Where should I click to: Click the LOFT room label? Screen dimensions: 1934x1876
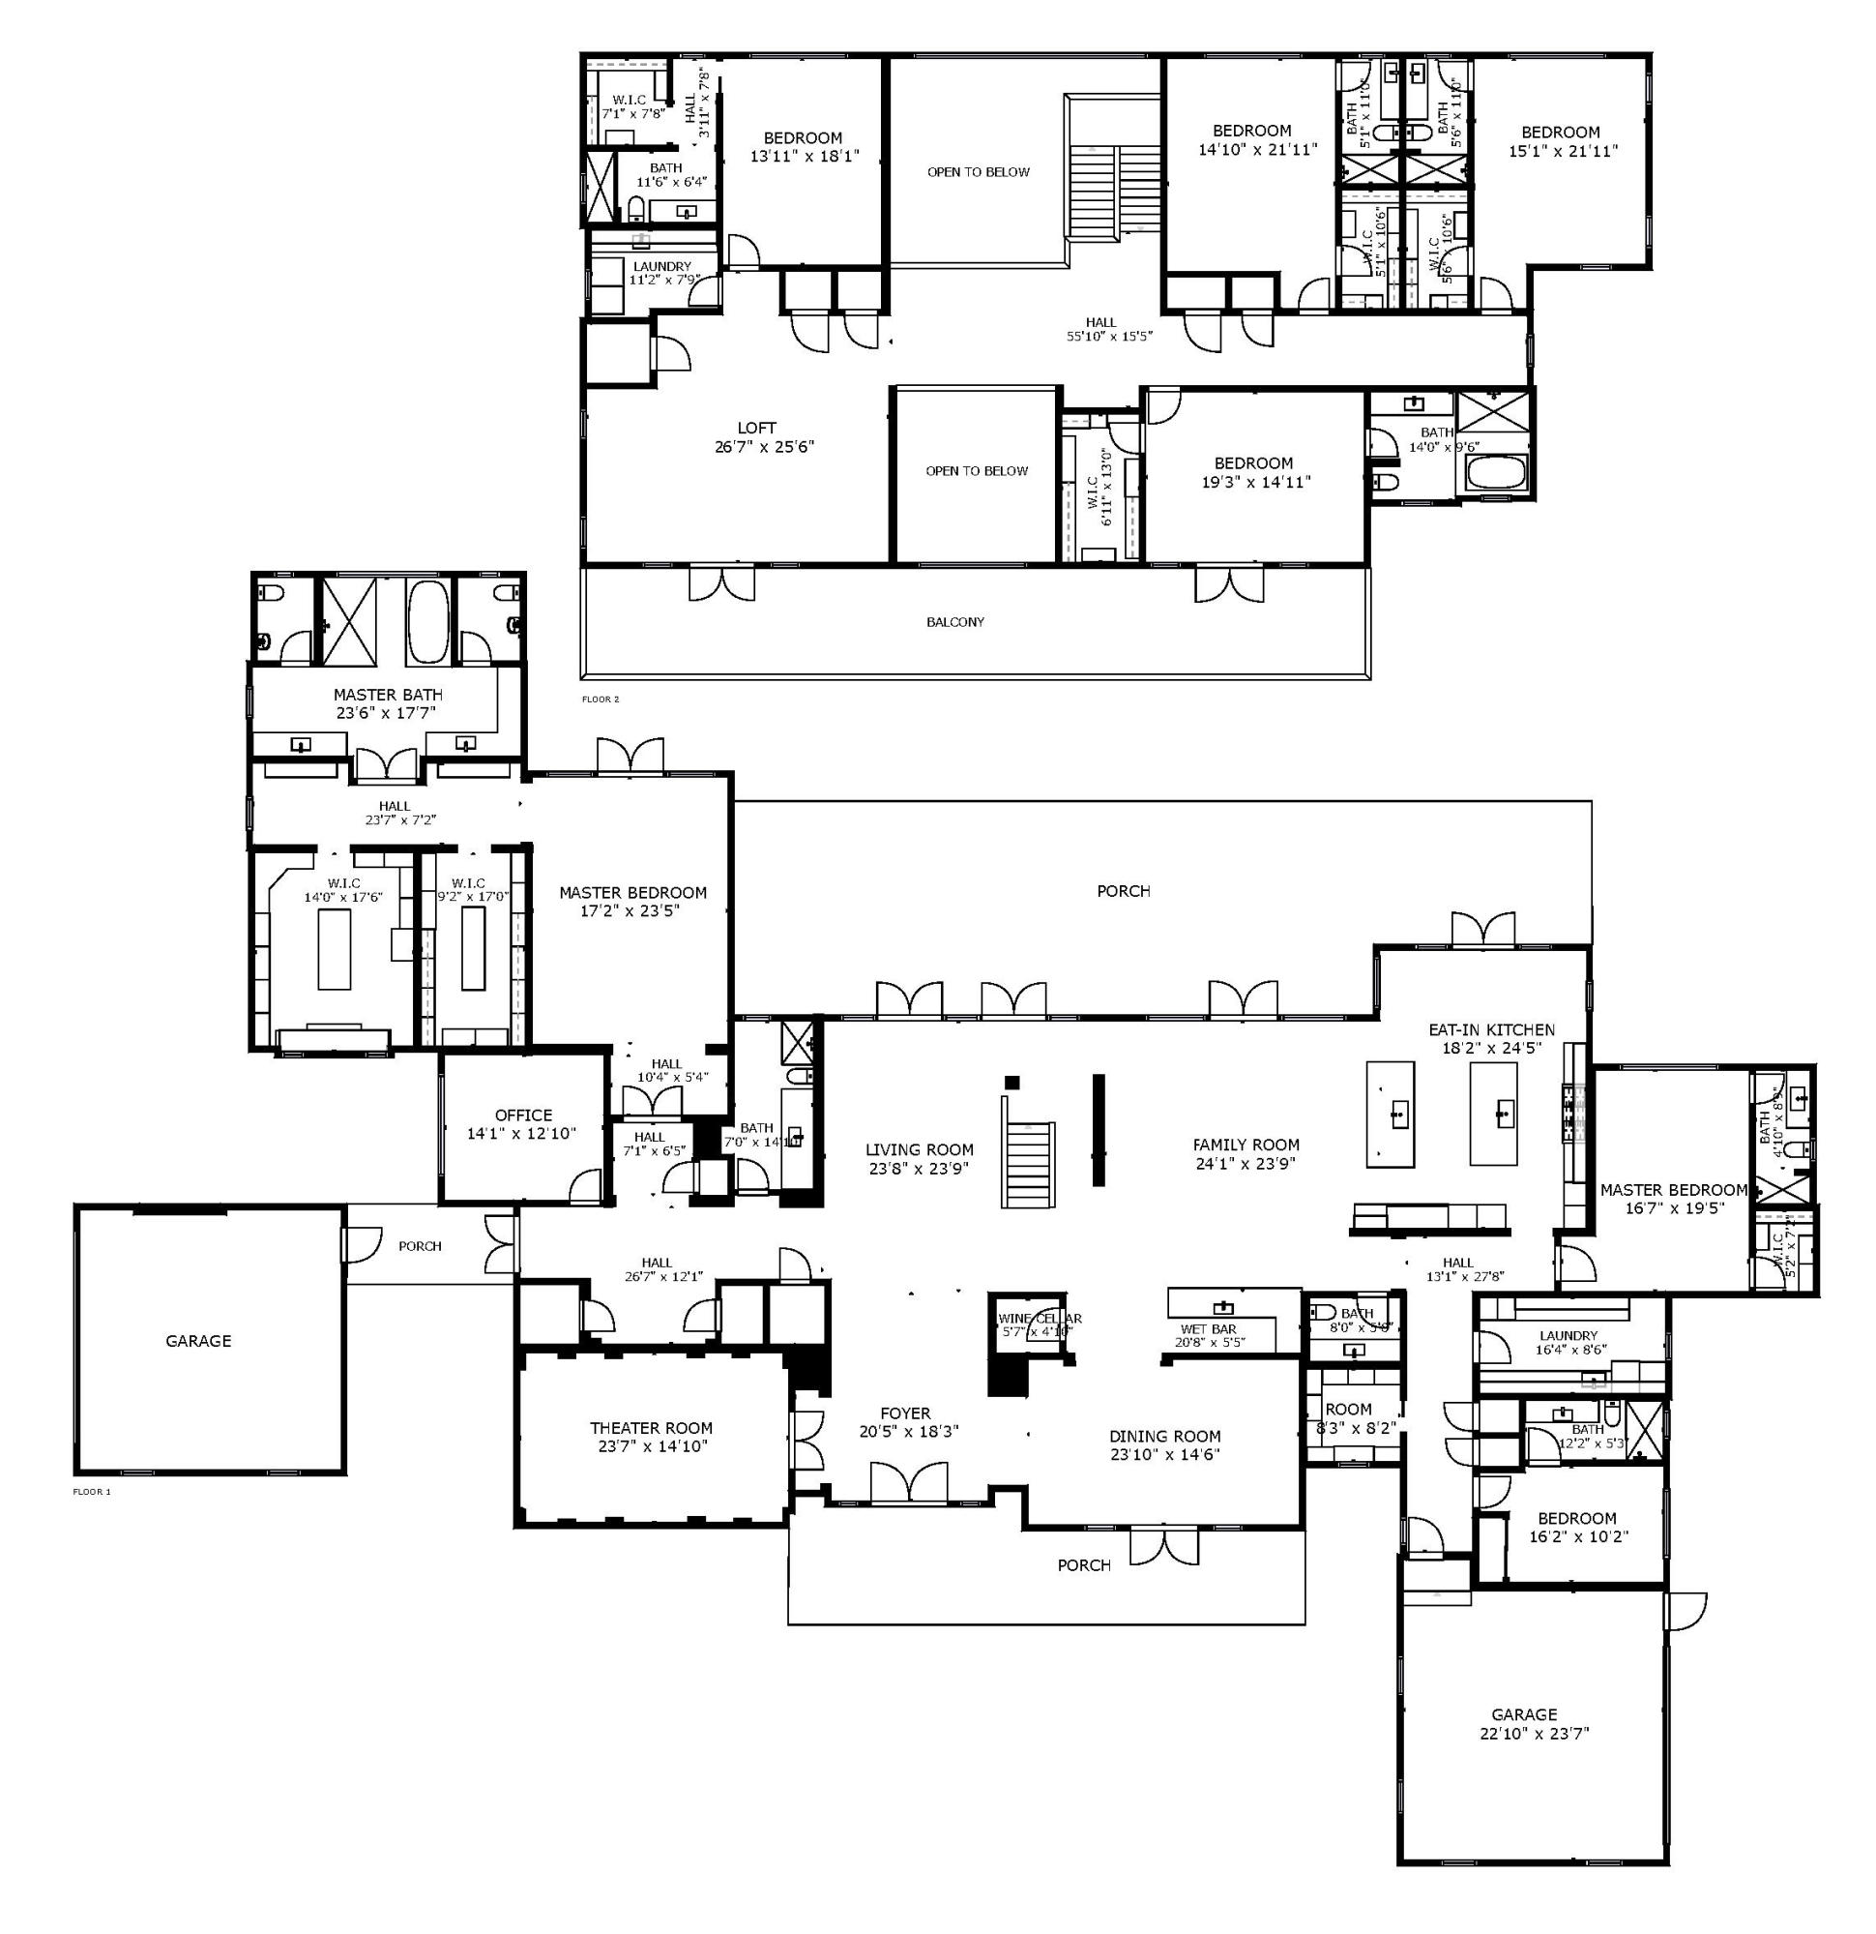click(x=756, y=429)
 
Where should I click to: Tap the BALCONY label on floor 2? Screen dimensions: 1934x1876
click(x=954, y=623)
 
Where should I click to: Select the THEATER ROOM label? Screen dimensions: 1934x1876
click(x=650, y=1428)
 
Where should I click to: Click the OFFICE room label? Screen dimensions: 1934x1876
click(x=523, y=1115)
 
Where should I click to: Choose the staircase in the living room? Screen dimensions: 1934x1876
click(x=1028, y=1164)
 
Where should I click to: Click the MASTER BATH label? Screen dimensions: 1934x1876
click(x=388, y=695)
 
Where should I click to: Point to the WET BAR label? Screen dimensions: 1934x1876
click(x=1208, y=1329)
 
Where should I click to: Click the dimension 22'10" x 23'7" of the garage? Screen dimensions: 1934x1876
click(x=1525, y=1733)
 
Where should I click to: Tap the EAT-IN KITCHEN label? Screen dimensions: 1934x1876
click(x=1491, y=1029)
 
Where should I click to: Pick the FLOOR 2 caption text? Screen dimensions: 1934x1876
click(x=600, y=699)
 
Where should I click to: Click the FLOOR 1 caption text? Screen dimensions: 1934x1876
click(x=92, y=1492)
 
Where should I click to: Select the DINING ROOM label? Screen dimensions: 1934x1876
click(x=1165, y=1436)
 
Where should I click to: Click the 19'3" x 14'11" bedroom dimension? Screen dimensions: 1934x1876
click(x=1253, y=483)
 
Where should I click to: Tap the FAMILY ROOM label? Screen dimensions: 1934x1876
click(x=1246, y=1145)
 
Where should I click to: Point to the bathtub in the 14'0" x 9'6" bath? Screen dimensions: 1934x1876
click(x=1494, y=472)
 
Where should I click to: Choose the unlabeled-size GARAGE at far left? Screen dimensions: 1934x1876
click(x=198, y=1340)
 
